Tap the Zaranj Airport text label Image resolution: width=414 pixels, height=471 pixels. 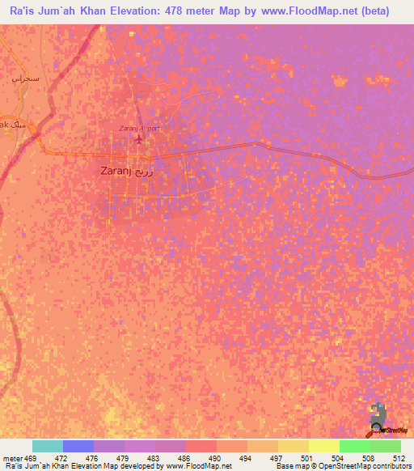click(139, 128)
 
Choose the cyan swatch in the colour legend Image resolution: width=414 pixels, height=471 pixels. click(48, 446)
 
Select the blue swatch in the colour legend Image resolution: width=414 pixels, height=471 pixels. click(78, 446)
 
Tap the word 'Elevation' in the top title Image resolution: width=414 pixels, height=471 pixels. click(142, 11)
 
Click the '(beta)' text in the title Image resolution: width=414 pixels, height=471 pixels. click(373, 11)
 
